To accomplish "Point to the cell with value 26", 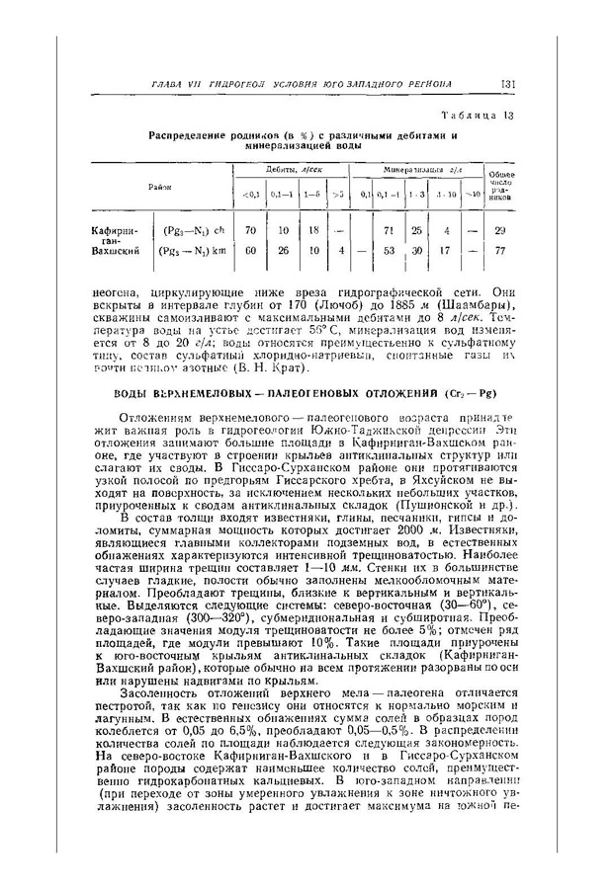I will click(283, 250).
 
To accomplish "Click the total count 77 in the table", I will click(498, 250).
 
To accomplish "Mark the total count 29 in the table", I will click(498, 230).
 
